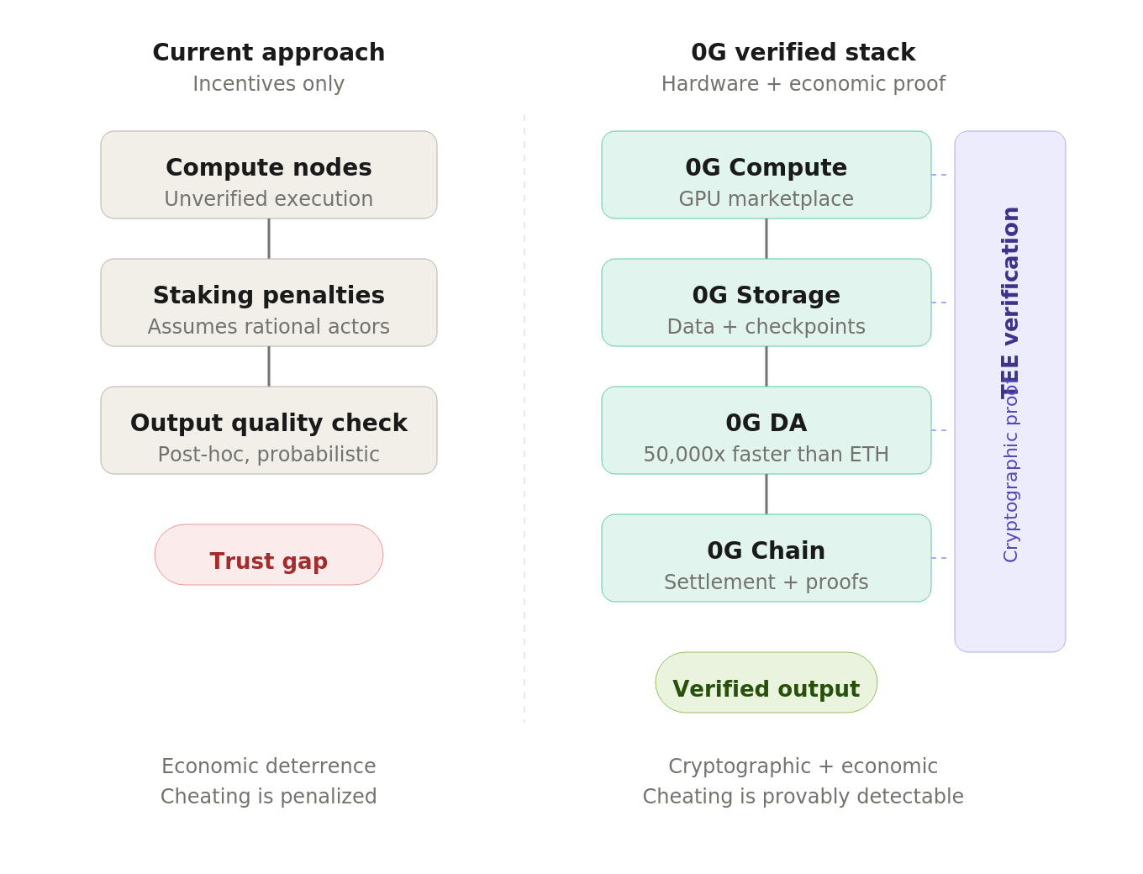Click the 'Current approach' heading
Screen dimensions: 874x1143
[x=268, y=53]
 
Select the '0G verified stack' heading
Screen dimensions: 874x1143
[x=803, y=53]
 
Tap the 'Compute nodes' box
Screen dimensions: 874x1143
[x=268, y=175]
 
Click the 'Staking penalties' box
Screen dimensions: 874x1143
[x=268, y=303]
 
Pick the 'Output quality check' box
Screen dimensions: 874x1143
[x=268, y=430]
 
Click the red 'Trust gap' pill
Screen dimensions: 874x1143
[x=268, y=555]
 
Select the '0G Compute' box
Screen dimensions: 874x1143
[x=766, y=175]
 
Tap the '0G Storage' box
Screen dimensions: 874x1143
[x=766, y=303]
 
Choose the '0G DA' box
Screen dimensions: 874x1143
[x=766, y=430]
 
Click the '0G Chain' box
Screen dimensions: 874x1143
[x=766, y=558]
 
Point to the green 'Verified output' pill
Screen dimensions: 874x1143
[x=766, y=683]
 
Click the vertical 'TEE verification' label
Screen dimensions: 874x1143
[x=1010, y=303]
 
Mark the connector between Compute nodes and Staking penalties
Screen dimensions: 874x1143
[x=269, y=239]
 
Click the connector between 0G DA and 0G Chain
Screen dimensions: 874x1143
[x=766, y=494]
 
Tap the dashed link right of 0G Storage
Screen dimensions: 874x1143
[x=940, y=303]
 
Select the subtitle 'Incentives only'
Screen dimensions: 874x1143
[x=268, y=84]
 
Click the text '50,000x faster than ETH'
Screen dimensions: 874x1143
[x=766, y=455]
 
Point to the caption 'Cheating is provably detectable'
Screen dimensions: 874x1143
[x=803, y=797]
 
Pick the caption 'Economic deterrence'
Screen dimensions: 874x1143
[x=268, y=766]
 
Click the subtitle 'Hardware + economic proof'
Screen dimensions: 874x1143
[x=803, y=84]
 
